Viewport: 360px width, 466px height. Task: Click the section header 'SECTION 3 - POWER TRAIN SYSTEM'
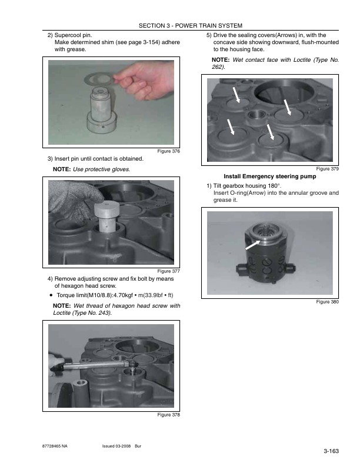(191, 25)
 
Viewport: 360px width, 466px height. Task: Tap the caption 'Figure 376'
(168, 151)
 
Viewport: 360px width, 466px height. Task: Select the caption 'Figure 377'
(168, 271)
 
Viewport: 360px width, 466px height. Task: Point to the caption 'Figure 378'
(168, 415)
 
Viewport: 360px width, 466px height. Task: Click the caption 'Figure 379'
(327, 169)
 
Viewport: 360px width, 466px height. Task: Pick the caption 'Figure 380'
(327, 302)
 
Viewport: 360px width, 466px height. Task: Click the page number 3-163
(331, 451)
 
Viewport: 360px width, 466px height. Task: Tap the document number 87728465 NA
(55, 446)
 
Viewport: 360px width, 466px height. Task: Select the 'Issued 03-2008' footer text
(116, 446)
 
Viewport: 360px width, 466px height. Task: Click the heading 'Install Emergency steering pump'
(269, 177)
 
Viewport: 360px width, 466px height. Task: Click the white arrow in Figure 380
(252, 245)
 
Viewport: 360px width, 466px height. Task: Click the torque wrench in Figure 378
(94, 365)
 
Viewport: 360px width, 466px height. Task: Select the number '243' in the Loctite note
(101, 312)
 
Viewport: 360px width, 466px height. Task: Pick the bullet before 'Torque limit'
(51, 295)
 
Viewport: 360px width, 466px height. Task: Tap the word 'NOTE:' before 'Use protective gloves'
(62, 169)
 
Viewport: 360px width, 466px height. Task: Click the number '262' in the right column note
(217, 67)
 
